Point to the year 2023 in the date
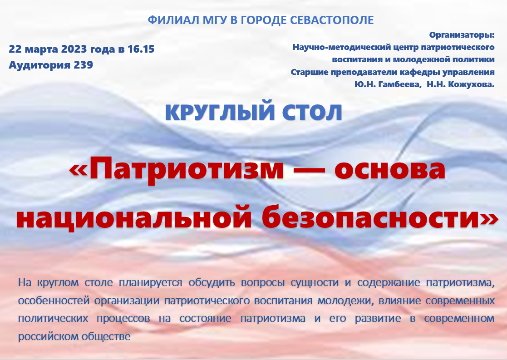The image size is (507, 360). coord(74,49)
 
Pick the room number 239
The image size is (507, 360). coord(84,64)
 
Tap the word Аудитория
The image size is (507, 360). coord(40,65)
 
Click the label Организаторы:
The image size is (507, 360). coord(462,35)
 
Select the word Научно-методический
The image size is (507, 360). coord(341,47)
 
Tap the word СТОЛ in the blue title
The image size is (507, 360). coord(312,113)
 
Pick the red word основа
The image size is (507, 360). coord(390,170)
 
